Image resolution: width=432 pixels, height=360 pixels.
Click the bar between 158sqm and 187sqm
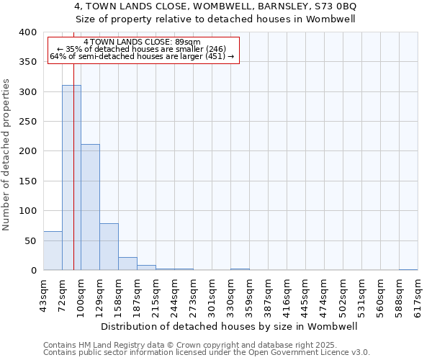click(127, 264)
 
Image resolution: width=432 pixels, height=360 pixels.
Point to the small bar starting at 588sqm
click(408, 269)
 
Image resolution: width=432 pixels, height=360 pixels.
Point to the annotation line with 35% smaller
click(143, 49)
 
